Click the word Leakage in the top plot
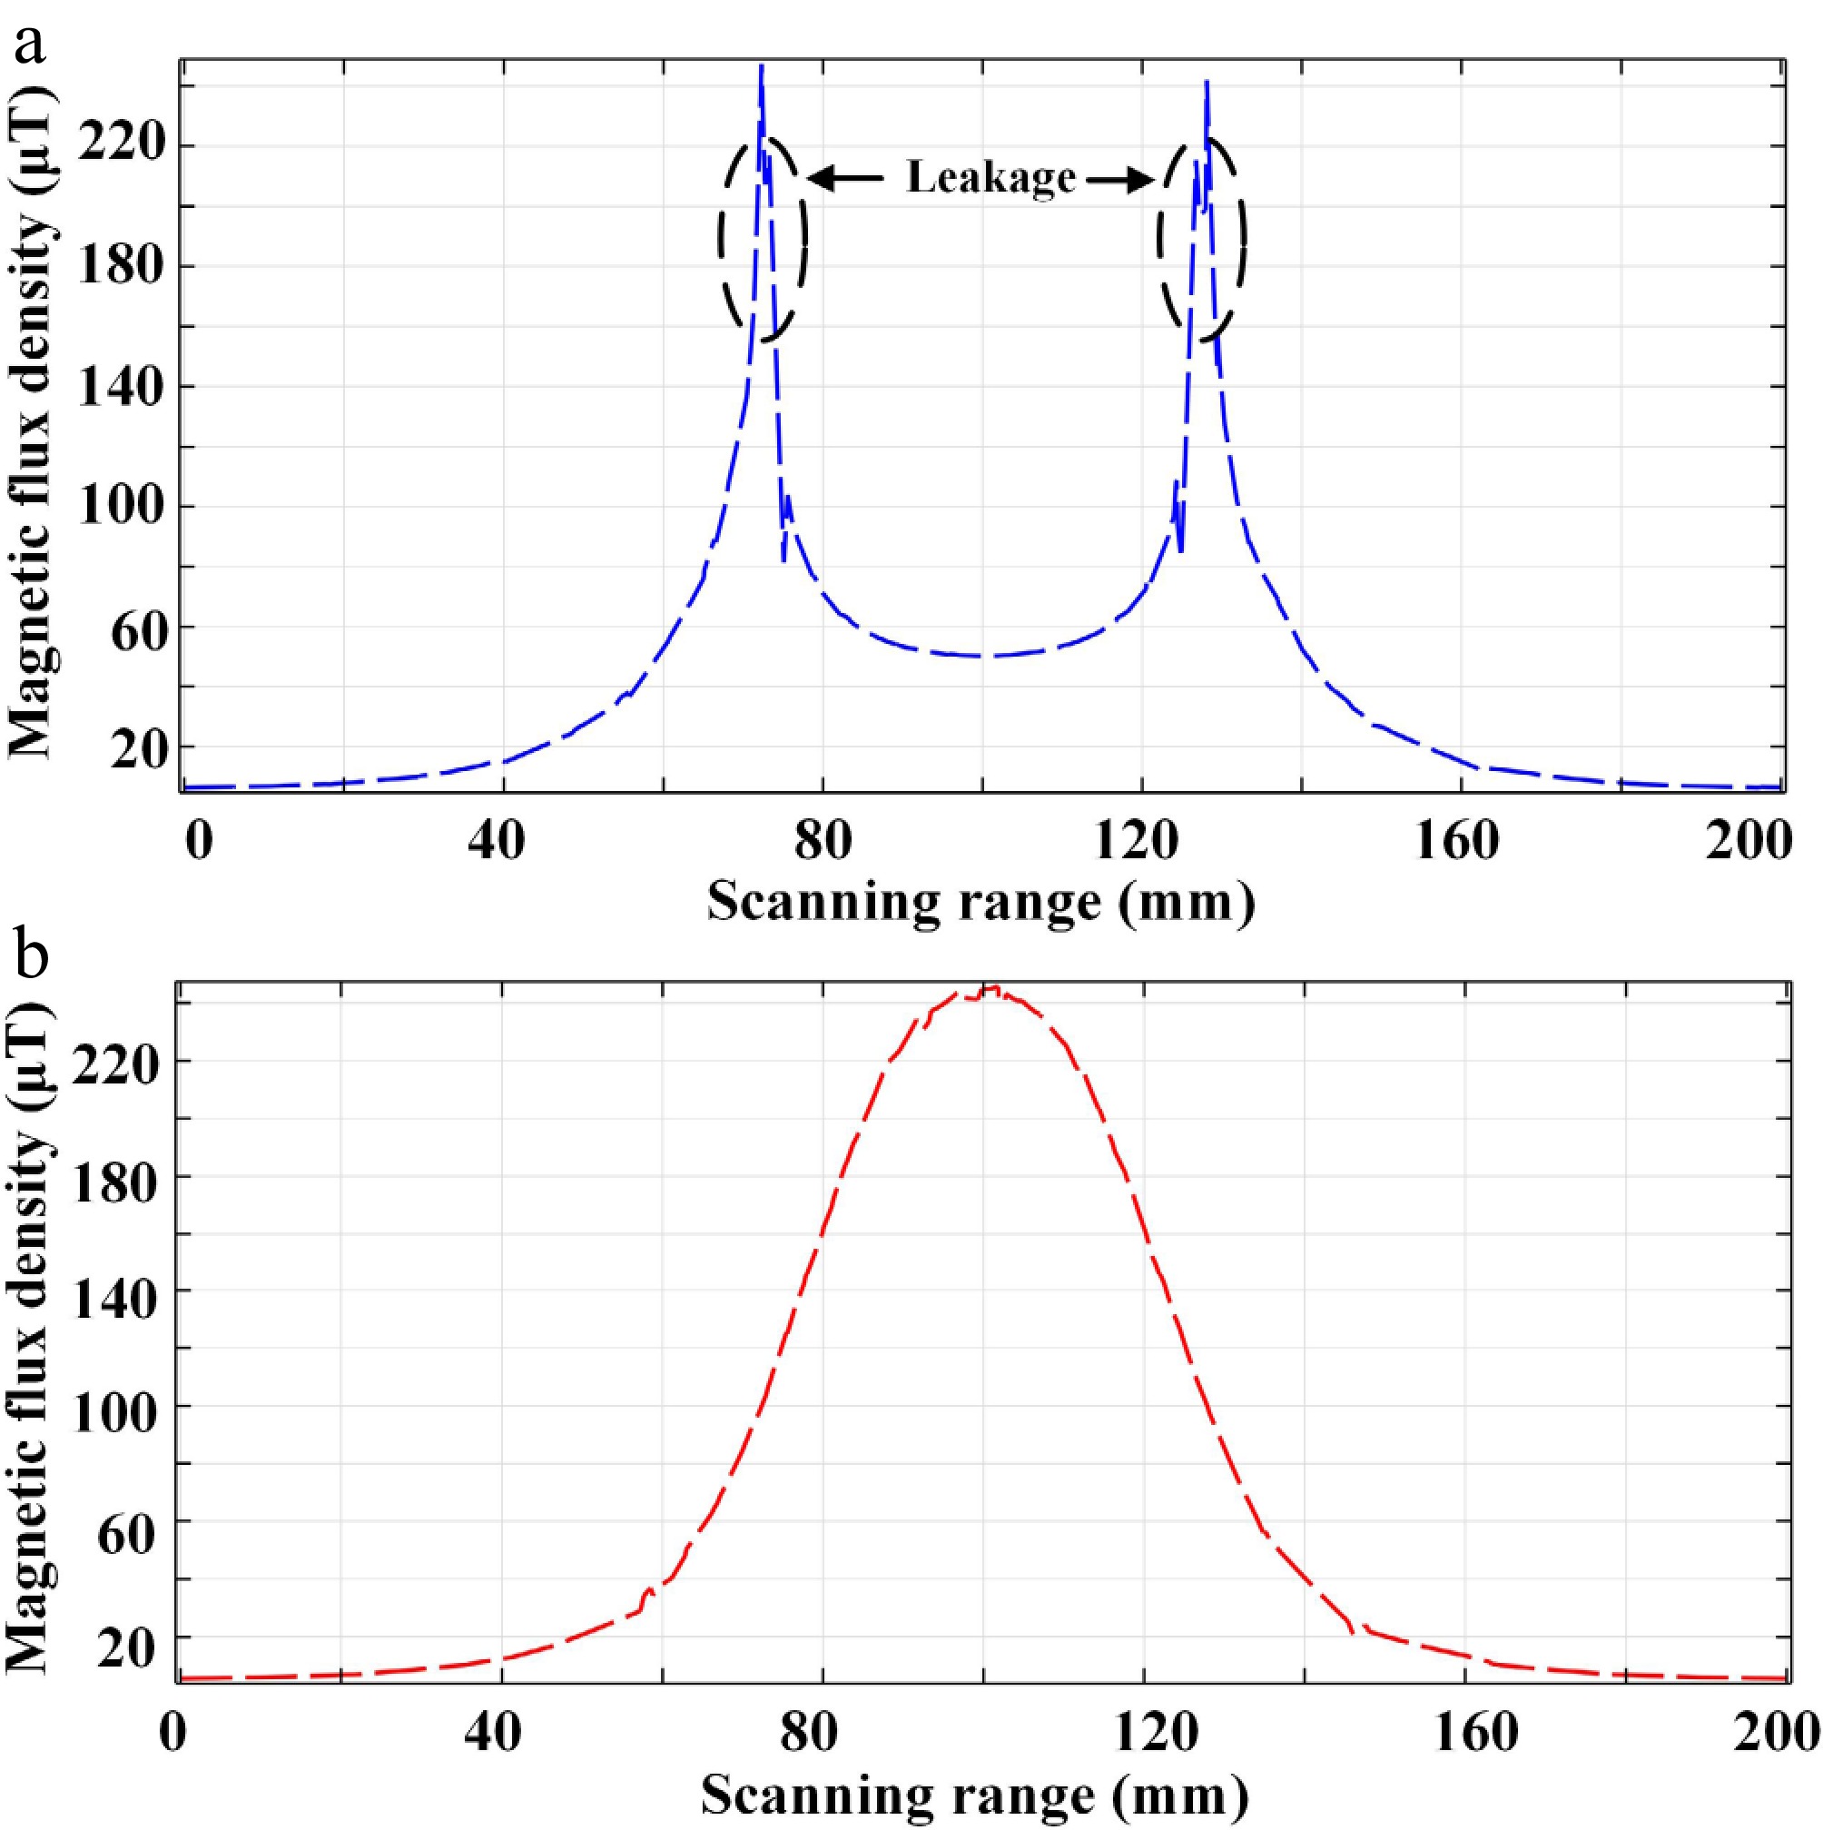990,177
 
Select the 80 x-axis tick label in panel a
822,840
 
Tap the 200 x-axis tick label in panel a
1749,840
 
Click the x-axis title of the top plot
981,901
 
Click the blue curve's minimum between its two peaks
983,656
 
